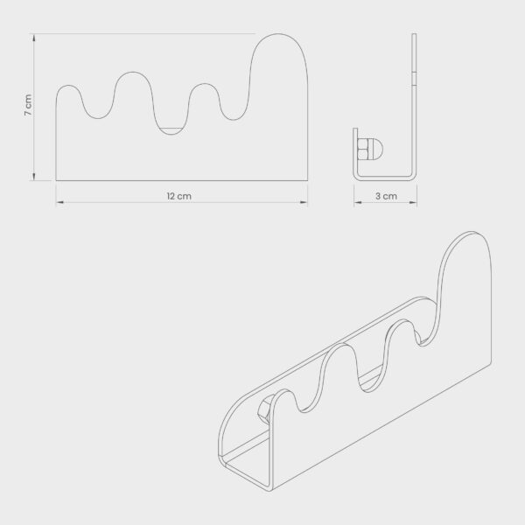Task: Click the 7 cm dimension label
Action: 29,105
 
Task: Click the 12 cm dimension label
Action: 179,196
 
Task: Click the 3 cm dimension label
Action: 386,196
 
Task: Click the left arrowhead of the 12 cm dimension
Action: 59,202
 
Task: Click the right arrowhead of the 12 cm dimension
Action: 304,202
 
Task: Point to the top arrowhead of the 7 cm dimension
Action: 34,38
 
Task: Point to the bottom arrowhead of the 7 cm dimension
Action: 34,177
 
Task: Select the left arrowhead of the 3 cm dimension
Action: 358,202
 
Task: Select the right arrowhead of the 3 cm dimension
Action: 413,202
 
